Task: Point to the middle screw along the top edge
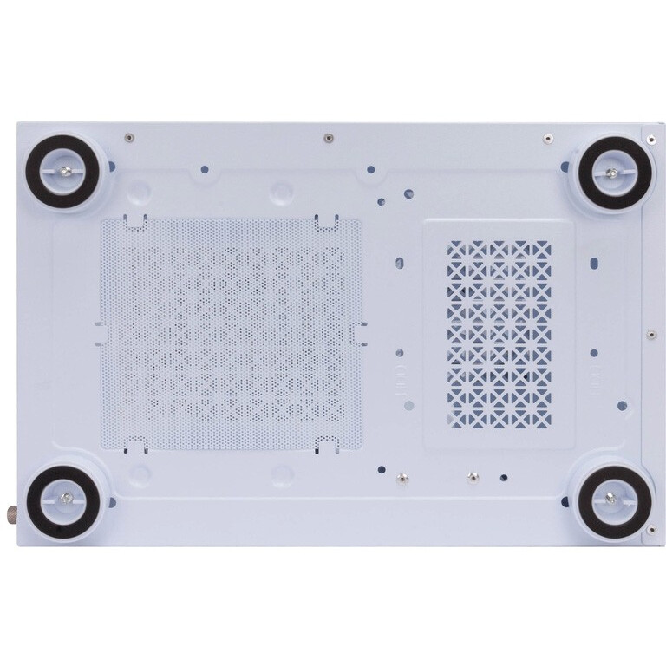click(x=327, y=137)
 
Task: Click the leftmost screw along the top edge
click(x=127, y=136)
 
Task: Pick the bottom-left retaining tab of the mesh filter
click(x=132, y=446)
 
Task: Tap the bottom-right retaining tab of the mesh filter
click(x=325, y=446)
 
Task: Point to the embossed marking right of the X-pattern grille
click(x=598, y=376)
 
